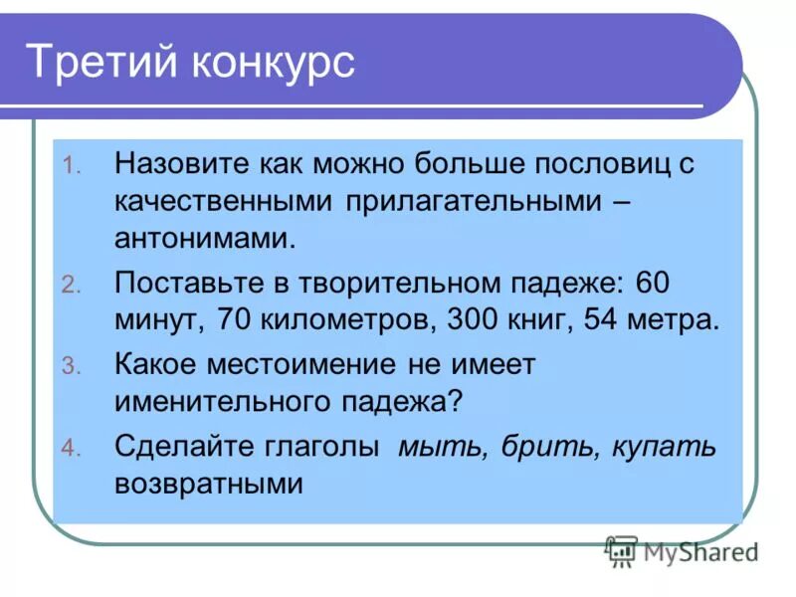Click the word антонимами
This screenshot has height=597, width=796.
(x=205, y=240)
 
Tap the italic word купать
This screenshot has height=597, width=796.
(x=661, y=446)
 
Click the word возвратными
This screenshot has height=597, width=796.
(x=208, y=484)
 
